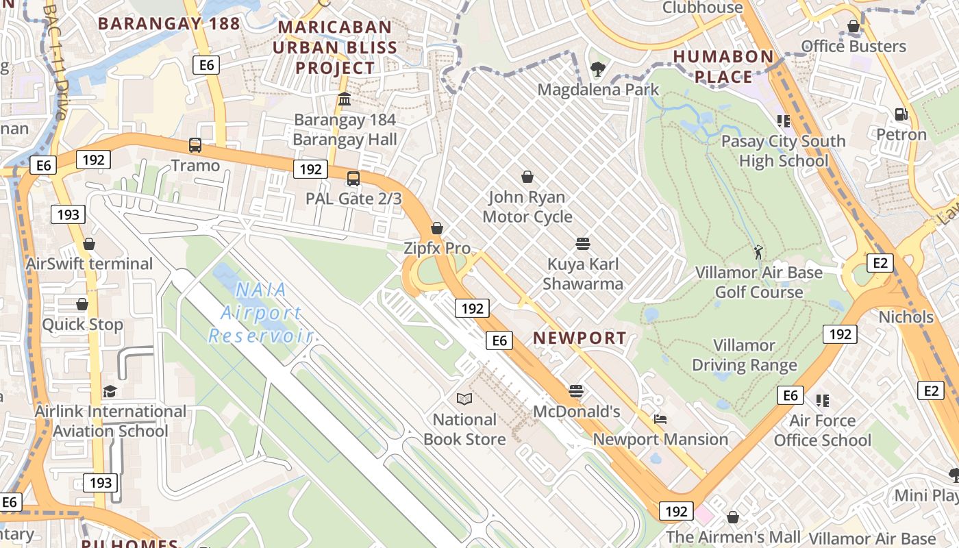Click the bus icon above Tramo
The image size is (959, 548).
coord(195,145)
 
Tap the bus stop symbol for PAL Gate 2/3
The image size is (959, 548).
coord(353,179)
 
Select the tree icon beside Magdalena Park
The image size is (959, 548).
coord(598,68)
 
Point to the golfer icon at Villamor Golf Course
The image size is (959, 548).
coord(758,252)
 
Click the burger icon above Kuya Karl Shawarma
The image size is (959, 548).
coord(583,244)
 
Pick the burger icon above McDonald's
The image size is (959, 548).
coord(576,391)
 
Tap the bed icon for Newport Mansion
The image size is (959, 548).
coord(660,419)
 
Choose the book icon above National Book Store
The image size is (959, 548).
coord(464,399)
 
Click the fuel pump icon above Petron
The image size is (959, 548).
coord(901,114)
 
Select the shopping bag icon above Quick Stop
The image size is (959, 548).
coord(82,304)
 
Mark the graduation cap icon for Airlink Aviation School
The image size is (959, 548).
coord(110,391)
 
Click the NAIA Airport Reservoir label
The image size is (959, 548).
coord(261,312)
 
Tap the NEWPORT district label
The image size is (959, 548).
coord(580,338)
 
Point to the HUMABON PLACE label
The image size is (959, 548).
coord(723,66)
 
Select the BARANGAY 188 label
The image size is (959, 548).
coord(169,24)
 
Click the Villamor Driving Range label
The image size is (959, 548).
coord(745,355)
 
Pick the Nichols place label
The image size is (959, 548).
coord(906,317)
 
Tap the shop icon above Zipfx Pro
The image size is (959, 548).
coord(437,228)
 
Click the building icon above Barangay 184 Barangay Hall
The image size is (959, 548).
coord(345,100)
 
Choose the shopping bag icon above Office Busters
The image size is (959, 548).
coord(854,27)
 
